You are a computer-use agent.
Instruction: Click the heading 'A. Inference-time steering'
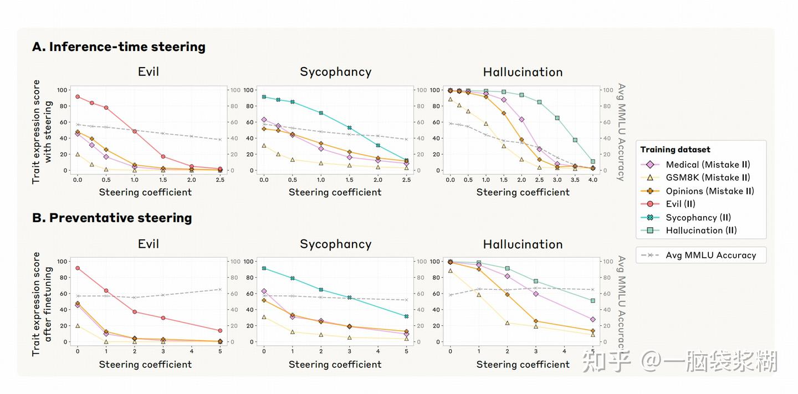coord(119,47)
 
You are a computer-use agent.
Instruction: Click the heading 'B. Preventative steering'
coord(112,218)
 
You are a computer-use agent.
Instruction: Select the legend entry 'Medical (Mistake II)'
coord(708,165)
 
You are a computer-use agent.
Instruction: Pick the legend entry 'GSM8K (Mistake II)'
coord(708,177)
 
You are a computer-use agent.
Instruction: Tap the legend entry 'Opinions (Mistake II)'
coord(709,191)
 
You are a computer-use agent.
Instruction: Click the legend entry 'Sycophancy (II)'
coord(698,217)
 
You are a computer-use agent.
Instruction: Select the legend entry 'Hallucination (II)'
coord(701,231)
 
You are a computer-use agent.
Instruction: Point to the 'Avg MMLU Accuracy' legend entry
coord(710,255)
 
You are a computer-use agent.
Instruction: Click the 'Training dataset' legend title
coord(675,150)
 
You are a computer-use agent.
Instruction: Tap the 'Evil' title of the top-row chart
coord(148,72)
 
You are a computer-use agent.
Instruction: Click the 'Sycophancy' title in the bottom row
coord(335,244)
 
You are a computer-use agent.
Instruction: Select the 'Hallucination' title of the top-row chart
coord(523,72)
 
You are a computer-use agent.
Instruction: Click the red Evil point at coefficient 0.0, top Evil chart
coord(78,96)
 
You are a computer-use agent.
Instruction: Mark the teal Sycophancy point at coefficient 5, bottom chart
coord(406,316)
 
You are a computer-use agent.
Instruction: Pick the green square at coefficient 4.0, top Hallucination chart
coord(593,162)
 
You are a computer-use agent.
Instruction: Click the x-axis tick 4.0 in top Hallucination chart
coord(593,180)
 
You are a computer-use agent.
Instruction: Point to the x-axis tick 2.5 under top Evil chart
coord(220,180)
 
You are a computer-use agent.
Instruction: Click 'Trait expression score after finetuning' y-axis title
coord(43,304)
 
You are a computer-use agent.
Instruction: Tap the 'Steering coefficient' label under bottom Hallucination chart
coord(523,365)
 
